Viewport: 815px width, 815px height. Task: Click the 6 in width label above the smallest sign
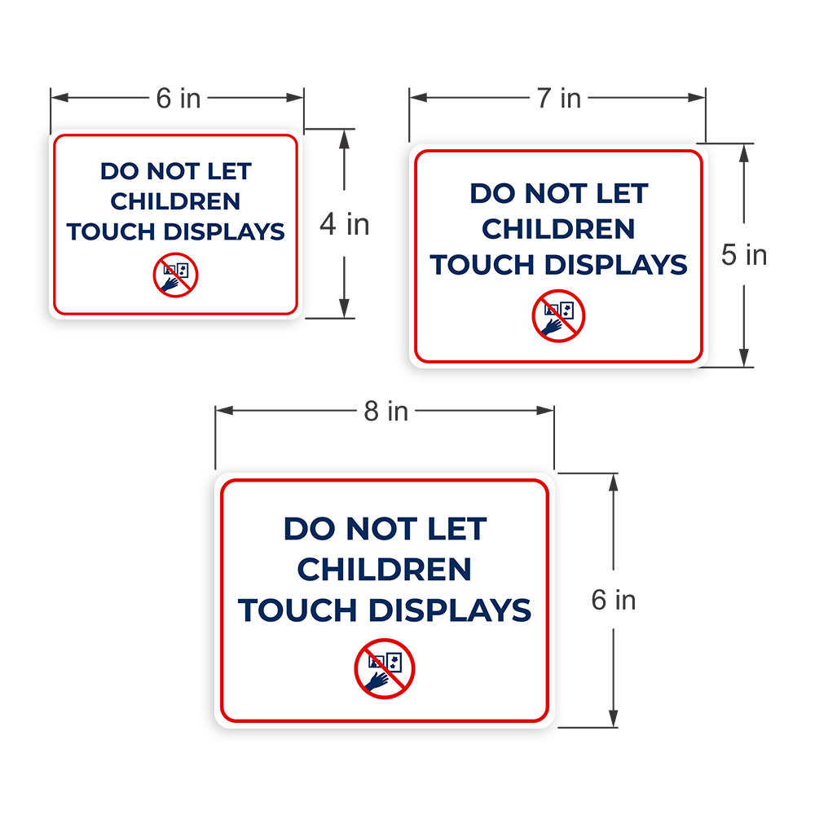(x=178, y=98)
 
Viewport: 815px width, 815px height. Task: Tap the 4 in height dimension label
(x=344, y=224)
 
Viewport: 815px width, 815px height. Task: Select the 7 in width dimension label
(x=559, y=98)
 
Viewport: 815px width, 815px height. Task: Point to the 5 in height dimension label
(x=744, y=254)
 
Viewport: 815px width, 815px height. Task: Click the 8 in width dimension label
(x=385, y=411)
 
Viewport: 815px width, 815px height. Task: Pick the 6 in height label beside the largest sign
(x=614, y=600)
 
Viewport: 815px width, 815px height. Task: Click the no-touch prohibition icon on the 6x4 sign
(x=176, y=275)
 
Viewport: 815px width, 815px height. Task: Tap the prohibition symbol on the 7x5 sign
(x=559, y=316)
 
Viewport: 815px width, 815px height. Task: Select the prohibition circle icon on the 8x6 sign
(x=385, y=668)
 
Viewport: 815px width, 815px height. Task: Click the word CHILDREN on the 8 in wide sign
(x=384, y=569)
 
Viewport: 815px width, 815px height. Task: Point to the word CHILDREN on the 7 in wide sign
(x=558, y=229)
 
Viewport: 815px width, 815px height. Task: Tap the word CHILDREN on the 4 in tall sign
(x=175, y=201)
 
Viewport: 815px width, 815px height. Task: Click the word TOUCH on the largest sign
(x=297, y=610)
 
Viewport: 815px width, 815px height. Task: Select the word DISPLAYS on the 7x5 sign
(x=615, y=265)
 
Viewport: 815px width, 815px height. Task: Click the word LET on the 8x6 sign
(x=457, y=529)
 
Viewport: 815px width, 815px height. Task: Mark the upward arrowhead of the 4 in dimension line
(x=344, y=139)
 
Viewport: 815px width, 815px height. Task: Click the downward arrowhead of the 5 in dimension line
(x=744, y=358)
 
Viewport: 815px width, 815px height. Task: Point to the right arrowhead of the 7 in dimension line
(x=697, y=97)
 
